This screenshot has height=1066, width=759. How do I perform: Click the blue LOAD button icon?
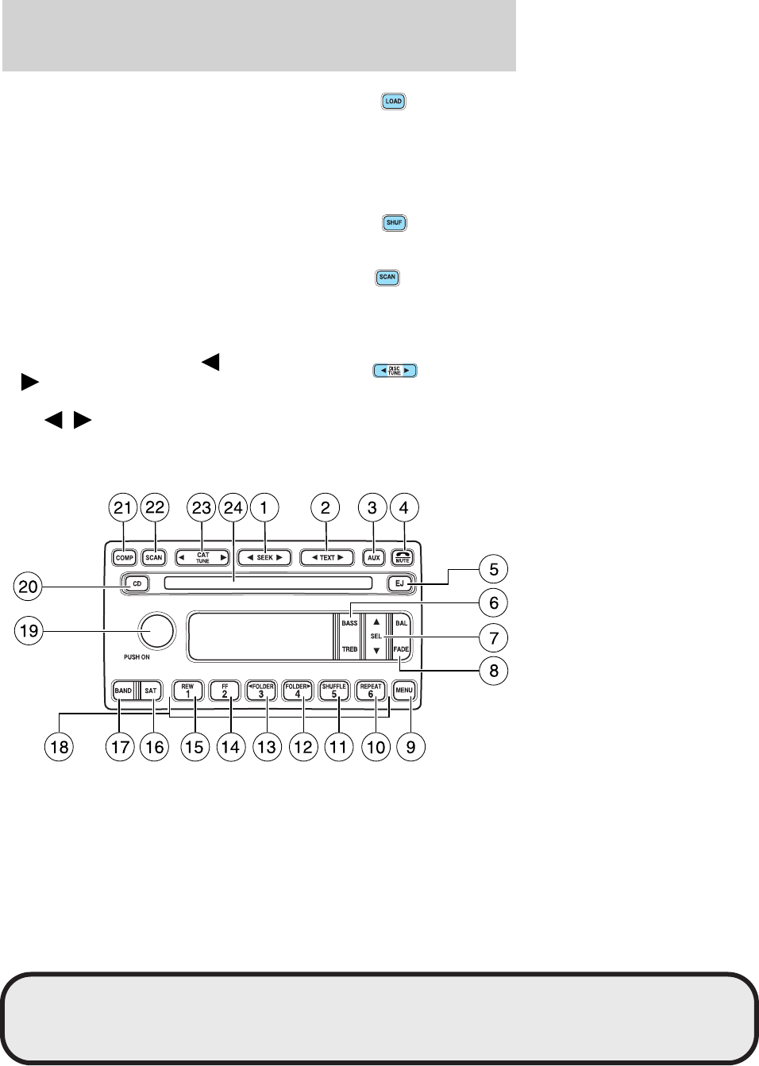point(393,102)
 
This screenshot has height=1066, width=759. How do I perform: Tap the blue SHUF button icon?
point(394,223)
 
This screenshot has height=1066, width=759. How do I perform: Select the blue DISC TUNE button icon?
point(395,371)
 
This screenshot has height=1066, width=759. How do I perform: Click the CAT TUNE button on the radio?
point(202,557)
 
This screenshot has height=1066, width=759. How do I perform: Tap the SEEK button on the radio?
point(264,557)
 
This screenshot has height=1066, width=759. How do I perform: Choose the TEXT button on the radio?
point(326,557)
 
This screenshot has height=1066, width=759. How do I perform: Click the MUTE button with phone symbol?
point(403,557)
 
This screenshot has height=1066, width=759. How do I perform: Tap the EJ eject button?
point(399,584)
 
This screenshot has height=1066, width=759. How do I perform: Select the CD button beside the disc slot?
point(137,584)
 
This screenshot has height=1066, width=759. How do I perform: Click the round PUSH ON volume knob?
point(156,631)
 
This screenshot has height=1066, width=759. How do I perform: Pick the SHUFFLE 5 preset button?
point(334,691)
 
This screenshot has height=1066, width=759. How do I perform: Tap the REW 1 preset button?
point(187,691)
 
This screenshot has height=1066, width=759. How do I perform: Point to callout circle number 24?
point(233,508)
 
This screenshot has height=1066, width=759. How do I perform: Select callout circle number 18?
point(60,747)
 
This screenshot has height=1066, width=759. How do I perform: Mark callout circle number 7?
point(493,638)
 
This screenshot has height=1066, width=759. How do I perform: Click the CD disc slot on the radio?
point(268,584)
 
